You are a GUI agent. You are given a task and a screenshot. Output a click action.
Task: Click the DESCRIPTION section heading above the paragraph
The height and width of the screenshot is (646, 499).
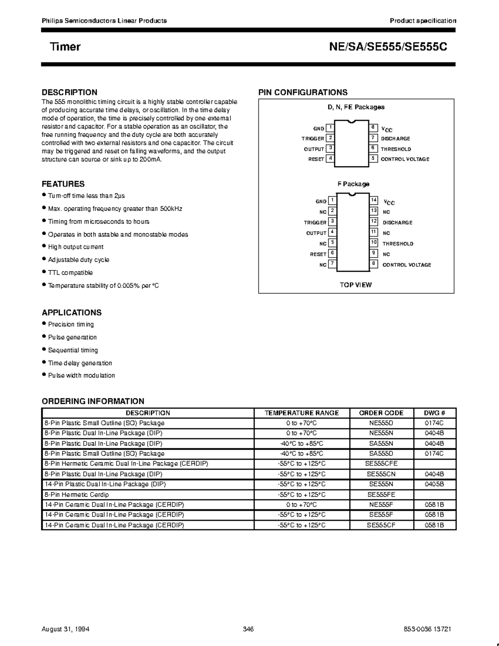click(69, 92)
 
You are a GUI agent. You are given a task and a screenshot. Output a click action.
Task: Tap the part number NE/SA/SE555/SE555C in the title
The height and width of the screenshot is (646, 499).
click(388, 47)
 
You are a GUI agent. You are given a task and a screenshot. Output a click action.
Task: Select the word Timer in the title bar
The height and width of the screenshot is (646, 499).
click(65, 47)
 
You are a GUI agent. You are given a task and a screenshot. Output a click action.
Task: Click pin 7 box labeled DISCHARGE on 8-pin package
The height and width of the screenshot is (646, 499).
click(373, 138)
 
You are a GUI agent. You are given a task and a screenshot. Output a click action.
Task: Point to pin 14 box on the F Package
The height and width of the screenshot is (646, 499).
click(374, 200)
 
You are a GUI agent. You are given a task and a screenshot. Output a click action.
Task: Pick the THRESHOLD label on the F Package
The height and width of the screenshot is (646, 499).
click(398, 244)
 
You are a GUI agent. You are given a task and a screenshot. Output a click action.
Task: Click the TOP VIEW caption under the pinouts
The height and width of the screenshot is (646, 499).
click(356, 285)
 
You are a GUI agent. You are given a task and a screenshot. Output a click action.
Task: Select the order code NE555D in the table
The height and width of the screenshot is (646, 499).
click(381, 423)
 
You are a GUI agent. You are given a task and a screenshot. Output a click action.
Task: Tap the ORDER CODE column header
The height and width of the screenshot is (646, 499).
click(381, 413)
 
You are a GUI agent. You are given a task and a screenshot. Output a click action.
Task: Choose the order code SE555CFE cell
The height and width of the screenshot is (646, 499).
click(381, 464)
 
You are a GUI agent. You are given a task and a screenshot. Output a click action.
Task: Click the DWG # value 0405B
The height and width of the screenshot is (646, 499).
click(434, 484)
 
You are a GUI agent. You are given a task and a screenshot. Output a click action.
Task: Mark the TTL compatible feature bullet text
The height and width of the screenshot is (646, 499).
click(70, 273)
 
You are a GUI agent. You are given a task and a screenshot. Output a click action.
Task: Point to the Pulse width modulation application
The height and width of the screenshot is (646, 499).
click(81, 376)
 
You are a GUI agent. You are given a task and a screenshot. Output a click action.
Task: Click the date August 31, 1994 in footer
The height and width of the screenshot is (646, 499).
click(66, 629)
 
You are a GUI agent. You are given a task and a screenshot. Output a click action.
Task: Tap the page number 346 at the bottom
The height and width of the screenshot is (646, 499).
click(248, 629)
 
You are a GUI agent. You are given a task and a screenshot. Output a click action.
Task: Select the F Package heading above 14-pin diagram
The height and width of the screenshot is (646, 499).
click(353, 184)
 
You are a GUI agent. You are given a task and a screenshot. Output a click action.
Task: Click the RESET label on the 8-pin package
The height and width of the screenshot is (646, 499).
click(316, 159)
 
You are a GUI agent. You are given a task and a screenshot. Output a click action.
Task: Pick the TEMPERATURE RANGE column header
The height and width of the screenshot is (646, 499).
click(301, 413)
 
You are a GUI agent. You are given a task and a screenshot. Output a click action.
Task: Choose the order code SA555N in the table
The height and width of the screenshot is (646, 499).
click(381, 443)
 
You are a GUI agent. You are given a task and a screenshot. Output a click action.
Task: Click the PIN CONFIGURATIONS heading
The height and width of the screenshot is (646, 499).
click(303, 92)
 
